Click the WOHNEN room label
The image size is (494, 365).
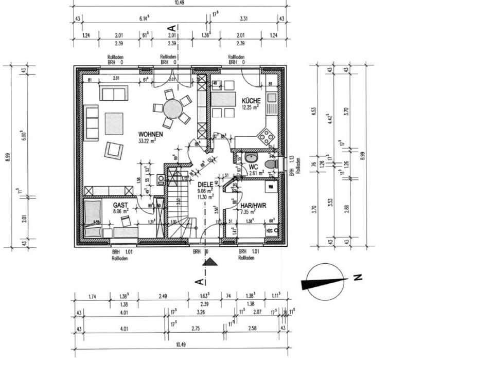(x=151, y=134)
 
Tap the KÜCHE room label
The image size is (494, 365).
(x=251, y=101)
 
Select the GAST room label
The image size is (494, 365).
(x=121, y=205)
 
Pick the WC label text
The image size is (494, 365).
(x=253, y=167)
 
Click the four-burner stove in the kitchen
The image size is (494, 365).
(x=266, y=136)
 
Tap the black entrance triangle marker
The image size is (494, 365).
(x=210, y=262)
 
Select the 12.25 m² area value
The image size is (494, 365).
(x=251, y=107)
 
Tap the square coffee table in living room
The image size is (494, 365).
(x=114, y=123)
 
